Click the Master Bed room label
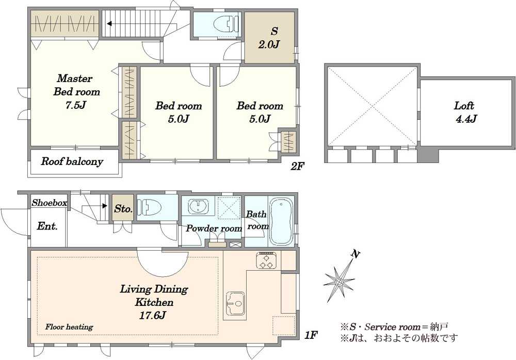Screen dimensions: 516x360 point(76,91)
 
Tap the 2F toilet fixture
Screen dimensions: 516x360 point(226,24)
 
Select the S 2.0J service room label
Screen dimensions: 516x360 point(269,38)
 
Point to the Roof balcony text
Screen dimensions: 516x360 point(72,161)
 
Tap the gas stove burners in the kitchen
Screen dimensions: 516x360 point(267,260)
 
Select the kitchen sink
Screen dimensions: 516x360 point(235,304)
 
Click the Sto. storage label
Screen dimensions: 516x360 point(123,209)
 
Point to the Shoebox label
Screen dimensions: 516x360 point(50,203)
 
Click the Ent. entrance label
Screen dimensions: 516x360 point(47,226)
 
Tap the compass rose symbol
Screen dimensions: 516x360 point(340,281)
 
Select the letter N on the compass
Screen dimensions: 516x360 point(355,254)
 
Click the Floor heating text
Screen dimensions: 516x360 point(69,327)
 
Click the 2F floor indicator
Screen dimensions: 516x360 point(297,166)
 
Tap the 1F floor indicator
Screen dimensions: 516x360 point(310,335)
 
